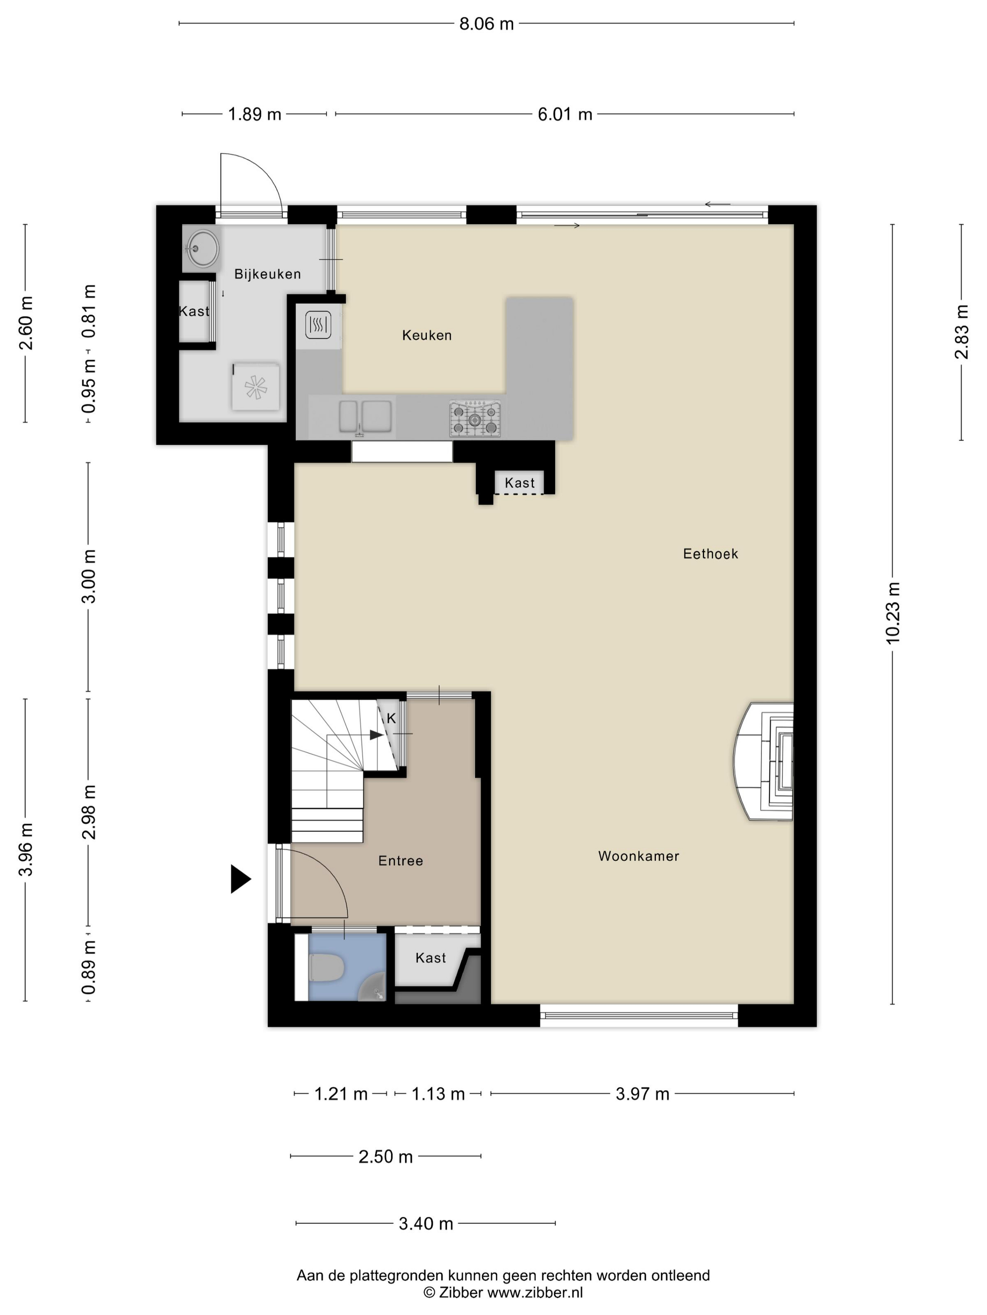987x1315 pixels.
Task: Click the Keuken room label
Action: (x=427, y=335)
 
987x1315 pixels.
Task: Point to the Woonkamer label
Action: (x=638, y=856)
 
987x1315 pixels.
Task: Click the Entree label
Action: (x=400, y=861)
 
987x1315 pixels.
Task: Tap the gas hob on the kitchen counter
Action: (x=475, y=419)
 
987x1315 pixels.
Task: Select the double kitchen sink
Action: (x=365, y=417)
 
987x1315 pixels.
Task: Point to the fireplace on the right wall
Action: (x=763, y=762)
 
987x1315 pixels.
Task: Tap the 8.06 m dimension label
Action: (x=486, y=24)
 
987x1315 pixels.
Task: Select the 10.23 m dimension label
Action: (x=893, y=613)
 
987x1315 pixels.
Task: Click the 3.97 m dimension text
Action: (x=642, y=1094)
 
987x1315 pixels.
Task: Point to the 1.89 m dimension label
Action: (x=255, y=114)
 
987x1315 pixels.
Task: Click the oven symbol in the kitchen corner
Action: (x=318, y=325)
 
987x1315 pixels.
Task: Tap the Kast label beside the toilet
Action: (x=431, y=958)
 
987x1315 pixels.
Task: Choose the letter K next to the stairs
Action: (x=392, y=718)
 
